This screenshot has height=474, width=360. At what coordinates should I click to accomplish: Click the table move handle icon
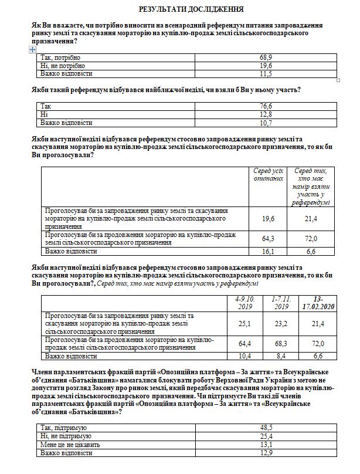click(x=33, y=50)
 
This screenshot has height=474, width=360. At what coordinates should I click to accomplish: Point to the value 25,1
click(x=242, y=323)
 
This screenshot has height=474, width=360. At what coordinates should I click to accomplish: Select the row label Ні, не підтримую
click(x=68, y=436)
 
